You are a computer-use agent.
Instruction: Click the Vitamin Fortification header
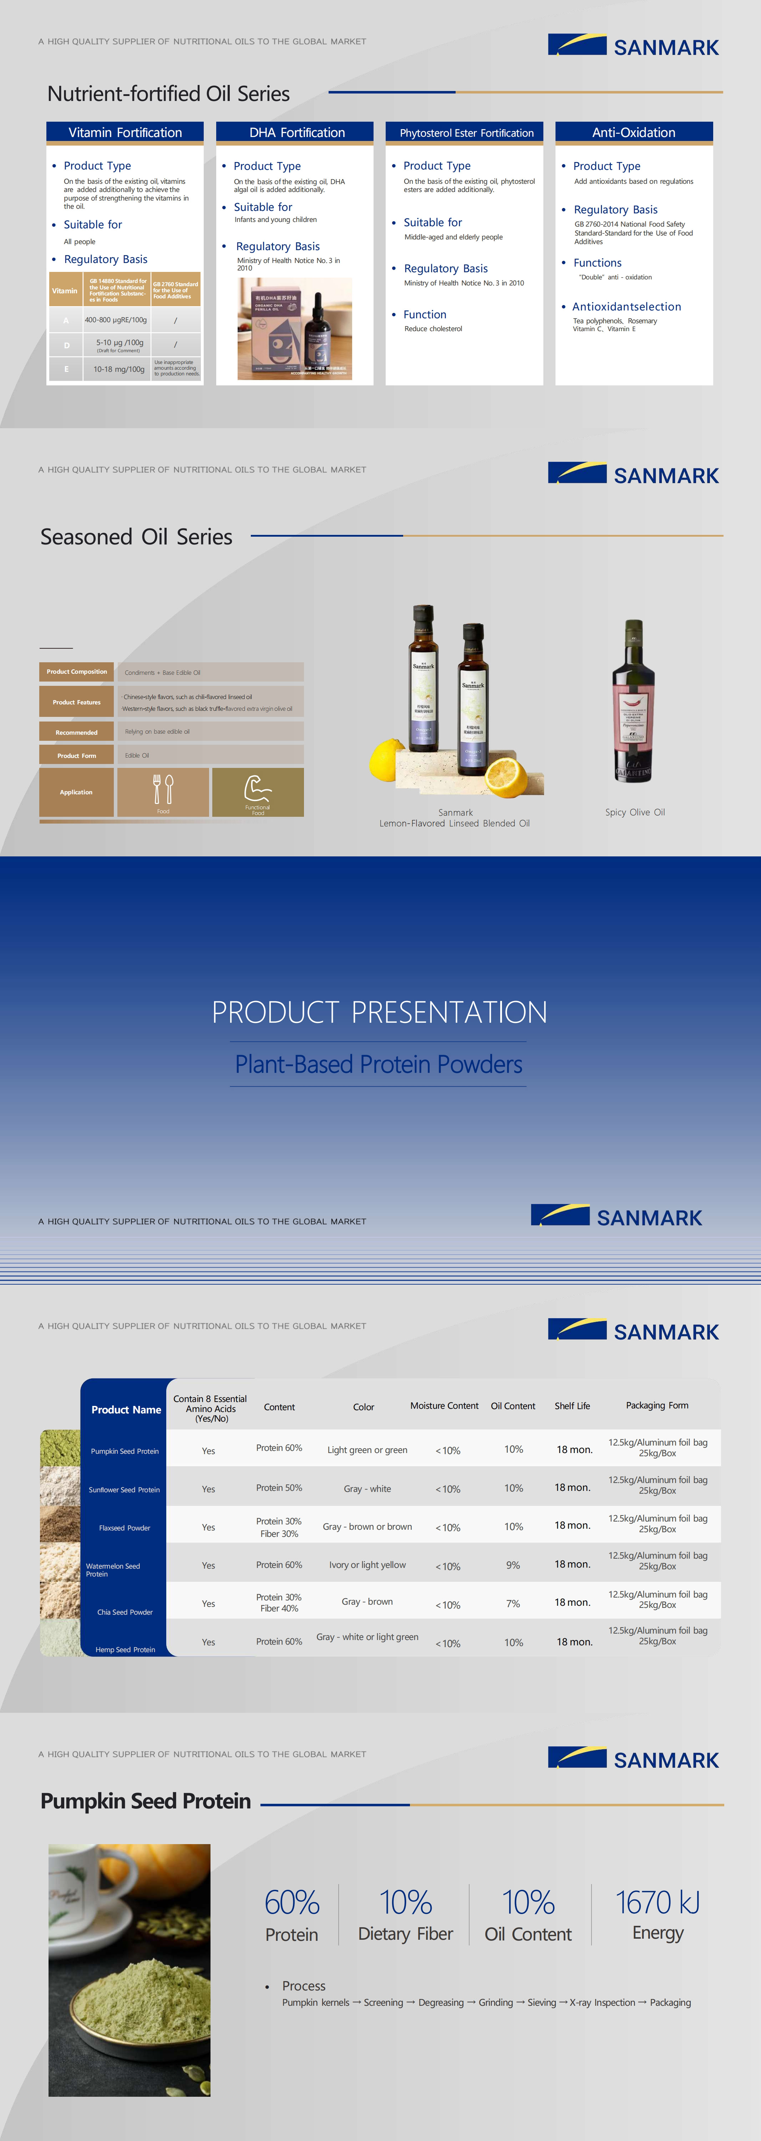click(125, 132)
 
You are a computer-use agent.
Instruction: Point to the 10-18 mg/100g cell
click(119, 369)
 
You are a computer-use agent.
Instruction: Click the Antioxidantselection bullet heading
click(626, 307)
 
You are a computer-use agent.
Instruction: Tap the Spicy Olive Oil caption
click(635, 812)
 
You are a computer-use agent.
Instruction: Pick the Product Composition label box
click(76, 672)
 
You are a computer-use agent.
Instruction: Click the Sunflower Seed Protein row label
click(125, 1489)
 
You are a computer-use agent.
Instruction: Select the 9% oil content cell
click(513, 1565)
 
